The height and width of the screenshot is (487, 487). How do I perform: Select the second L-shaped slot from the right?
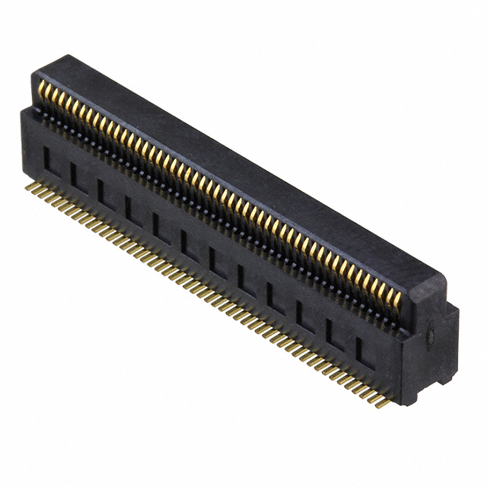click(x=332, y=332)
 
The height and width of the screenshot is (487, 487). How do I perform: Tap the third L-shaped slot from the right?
click(x=303, y=314)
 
